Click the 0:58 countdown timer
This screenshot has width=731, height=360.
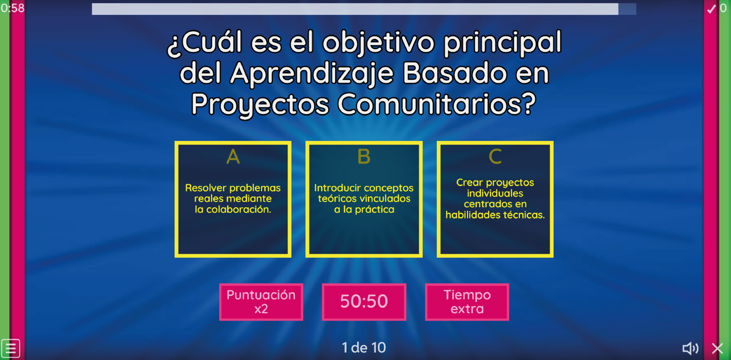pos(13,8)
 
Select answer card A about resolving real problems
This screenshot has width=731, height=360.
pos(233,199)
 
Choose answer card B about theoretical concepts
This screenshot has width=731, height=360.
pos(364,199)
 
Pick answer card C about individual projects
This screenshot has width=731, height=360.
pos(495,199)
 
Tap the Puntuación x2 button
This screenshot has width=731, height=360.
pos(261,302)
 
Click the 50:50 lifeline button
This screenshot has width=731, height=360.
pos(364,302)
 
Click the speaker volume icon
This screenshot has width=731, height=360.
pos(690,348)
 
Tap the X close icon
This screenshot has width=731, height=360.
pos(717,348)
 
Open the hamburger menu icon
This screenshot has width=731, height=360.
pos(11,348)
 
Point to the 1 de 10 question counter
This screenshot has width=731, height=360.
pos(364,347)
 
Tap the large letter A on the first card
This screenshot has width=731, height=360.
pos(233,157)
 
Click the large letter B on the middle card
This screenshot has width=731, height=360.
pos(364,157)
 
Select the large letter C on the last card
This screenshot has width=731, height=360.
pos(495,157)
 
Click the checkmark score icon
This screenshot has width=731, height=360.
pos(711,9)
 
